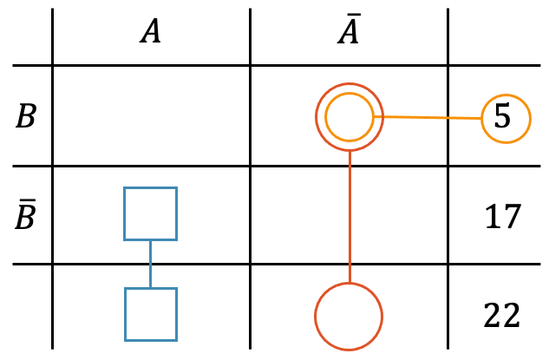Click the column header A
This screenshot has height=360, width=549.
click(x=151, y=33)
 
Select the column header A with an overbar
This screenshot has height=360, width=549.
click(x=349, y=32)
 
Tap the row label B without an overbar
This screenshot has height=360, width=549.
click(x=26, y=116)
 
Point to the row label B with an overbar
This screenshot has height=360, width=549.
click(x=26, y=214)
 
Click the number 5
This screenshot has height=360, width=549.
click(x=502, y=117)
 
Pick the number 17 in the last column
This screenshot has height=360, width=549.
click(x=502, y=215)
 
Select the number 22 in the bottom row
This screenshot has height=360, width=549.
click(x=502, y=314)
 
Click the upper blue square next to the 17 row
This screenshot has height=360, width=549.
click(x=151, y=213)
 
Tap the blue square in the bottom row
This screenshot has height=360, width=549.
click(x=151, y=314)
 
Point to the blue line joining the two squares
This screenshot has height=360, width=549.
click(x=151, y=264)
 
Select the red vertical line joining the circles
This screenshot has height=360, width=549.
click(x=349, y=217)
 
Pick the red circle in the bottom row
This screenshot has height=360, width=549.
click(x=349, y=317)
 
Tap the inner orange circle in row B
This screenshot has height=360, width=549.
click(x=349, y=116)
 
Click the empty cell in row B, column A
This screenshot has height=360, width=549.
click(x=151, y=116)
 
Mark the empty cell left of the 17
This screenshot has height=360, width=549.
click(x=349, y=215)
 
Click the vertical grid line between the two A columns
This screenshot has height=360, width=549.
click(x=250, y=173)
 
